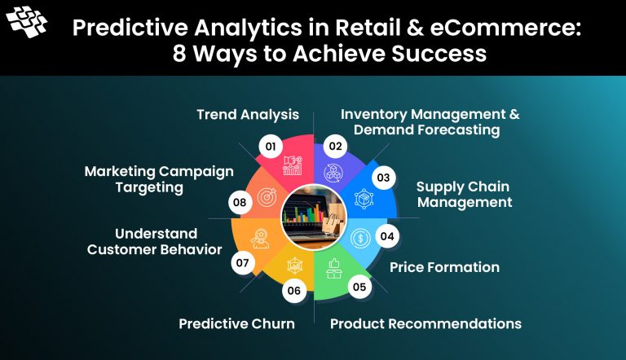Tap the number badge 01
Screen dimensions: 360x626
(271, 147)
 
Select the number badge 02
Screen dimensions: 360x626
(333, 146)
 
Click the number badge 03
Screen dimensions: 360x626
(381, 177)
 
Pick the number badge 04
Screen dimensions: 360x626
(386, 238)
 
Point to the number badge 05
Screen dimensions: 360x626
(359, 286)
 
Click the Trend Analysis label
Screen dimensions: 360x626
(248, 115)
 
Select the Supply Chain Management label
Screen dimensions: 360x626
(464, 194)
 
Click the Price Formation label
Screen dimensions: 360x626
(444, 267)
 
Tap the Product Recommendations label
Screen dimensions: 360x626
(425, 323)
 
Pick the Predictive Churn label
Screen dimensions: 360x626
(236, 323)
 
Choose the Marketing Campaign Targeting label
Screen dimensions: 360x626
(159, 179)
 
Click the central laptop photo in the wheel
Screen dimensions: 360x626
(314, 217)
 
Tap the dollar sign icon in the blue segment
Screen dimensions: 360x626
(360, 239)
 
